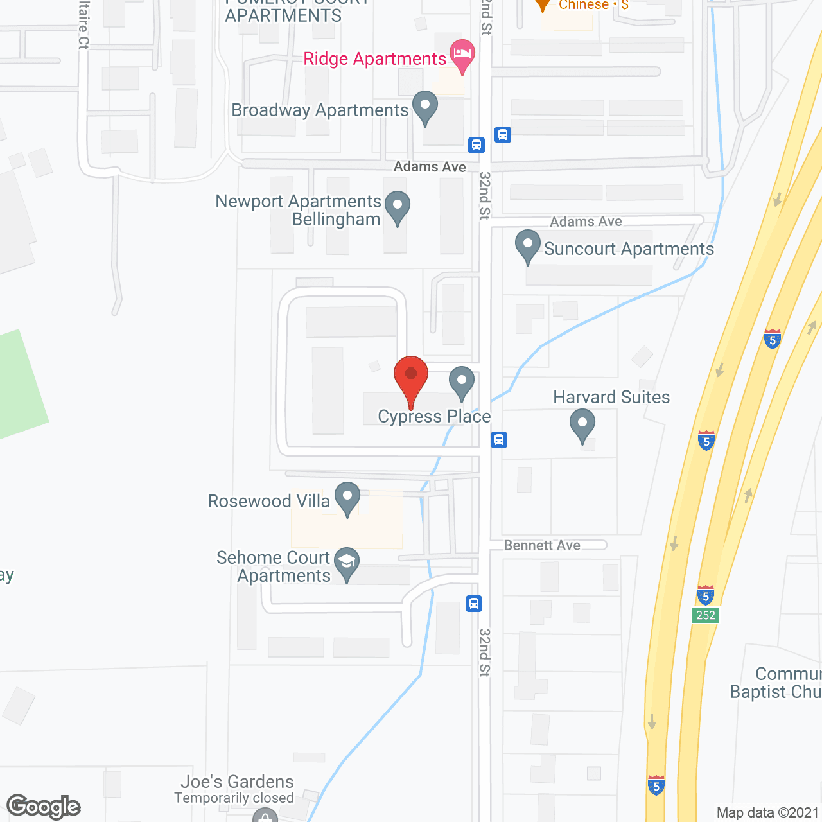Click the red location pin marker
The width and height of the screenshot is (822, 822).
coord(411,379)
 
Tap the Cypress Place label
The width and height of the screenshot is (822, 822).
coord(434,417)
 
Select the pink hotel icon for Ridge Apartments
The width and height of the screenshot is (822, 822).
coord(462,56)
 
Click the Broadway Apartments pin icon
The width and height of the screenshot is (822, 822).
coord(424,108)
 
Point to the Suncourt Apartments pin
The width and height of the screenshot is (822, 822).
coord(528,247)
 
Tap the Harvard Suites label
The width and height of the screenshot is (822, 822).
coord(611,398)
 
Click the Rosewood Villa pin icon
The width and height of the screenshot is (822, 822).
coord(347,499)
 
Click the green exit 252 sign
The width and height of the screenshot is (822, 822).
coord(706,615)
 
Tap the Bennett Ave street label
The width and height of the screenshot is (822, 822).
coord(542,545)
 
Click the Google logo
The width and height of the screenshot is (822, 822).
coord(44,807)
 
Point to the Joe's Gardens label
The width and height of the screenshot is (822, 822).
coord(237,782)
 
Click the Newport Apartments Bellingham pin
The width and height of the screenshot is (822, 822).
coord(398,208)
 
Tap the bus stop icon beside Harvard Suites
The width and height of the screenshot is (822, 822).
coord(499,440)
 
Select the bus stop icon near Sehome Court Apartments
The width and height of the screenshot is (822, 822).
coord(474,604)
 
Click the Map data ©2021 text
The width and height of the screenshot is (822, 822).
coord(768,812)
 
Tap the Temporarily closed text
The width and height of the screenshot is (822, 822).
coord(234,798)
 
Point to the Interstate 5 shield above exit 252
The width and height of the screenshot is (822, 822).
coord(706,595)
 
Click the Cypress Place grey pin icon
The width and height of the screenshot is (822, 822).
coord(461,383)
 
